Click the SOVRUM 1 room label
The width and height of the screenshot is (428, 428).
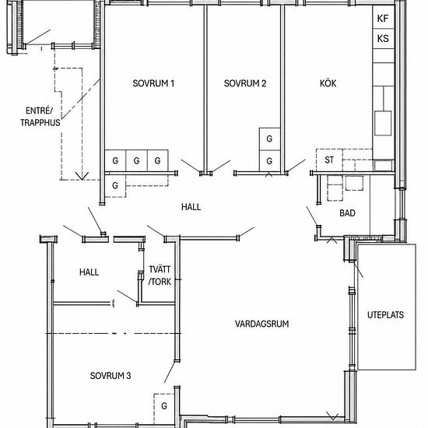pos(153,83)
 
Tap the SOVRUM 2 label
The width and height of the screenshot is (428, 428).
pos(245,83)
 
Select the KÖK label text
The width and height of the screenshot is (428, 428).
pos(328,83)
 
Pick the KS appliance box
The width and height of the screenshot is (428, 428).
pos(384,38)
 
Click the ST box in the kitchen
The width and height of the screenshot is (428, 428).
pos(329,160)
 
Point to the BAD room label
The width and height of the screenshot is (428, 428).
pos(347,213)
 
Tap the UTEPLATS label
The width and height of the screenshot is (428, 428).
pos(385,315)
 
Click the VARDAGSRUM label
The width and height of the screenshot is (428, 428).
pos(261,324)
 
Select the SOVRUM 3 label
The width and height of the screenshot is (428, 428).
pos(111,376)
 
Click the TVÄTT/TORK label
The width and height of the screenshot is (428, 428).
pos(160,275)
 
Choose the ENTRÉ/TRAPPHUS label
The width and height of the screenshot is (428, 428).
pos(40,117)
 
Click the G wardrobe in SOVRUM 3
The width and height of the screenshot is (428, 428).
pos(163,406)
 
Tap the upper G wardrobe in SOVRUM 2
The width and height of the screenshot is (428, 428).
pos(269,139)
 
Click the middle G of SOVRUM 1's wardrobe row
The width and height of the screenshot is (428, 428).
pos(136,161)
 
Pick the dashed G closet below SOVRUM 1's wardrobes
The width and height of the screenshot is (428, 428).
pos(115,186)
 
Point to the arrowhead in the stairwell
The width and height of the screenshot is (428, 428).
pos(82,176)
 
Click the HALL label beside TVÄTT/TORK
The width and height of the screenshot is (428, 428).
pos(89,272)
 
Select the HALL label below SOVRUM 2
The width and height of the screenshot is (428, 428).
pos(191,207)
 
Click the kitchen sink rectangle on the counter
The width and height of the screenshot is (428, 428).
pos(383,123)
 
